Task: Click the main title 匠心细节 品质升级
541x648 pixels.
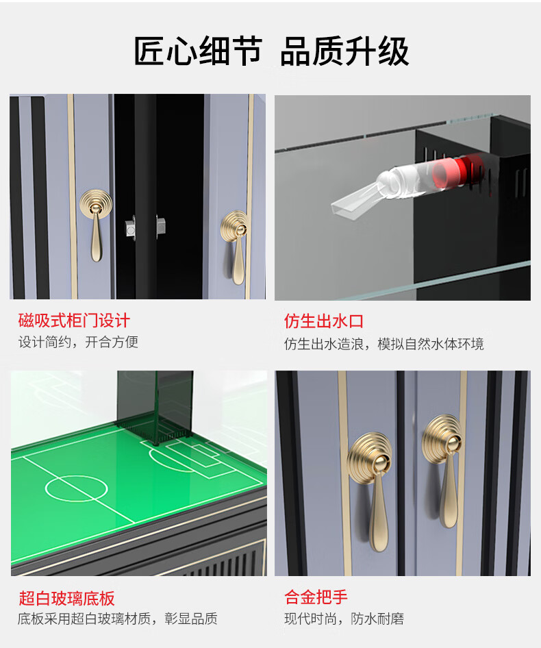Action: (x=271, y=51)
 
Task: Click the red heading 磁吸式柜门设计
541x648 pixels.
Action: (x=74, y=321)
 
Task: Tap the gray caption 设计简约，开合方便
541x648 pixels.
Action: (x=78, y=342)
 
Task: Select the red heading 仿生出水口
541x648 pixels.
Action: (x=324, y=321)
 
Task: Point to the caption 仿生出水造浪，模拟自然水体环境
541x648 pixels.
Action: (x=383, y=344)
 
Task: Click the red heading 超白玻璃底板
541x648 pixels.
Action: (x=66, y=598)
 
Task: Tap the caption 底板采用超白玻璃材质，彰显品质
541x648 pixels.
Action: (x=117, y=619)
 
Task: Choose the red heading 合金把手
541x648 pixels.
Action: (x=316, y=597)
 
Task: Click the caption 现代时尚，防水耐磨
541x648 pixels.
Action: (x=344, y=619)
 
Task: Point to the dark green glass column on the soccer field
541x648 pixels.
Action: (x=155, y=405)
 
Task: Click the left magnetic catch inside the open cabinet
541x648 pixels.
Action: (x=131, y=227)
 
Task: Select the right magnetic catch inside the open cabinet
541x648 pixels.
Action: (x=161, y=227)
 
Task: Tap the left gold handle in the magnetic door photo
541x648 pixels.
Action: (x=96, y=224)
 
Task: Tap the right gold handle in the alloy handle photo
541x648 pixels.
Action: (x=444, y=469)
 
